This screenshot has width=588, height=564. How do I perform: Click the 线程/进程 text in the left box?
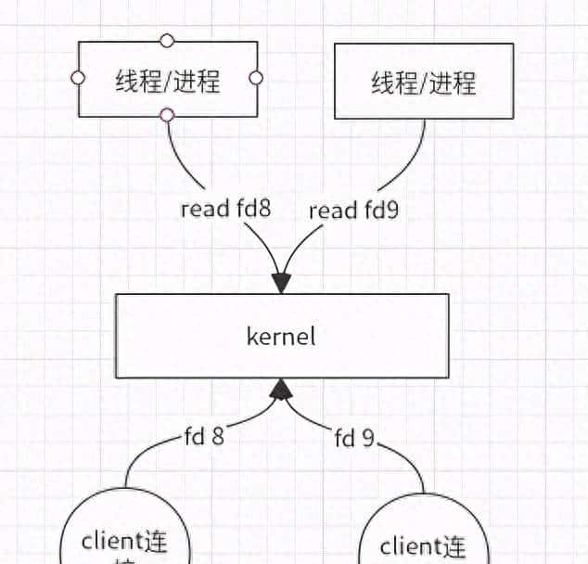click(167, 81)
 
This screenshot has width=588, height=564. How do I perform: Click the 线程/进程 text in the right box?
click(424, 83)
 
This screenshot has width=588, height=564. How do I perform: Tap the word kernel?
click(281, 336)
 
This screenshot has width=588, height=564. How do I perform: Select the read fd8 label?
click(225, 209)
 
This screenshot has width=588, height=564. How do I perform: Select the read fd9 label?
click(352, 211)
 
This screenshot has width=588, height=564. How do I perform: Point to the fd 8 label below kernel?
click(202, 435)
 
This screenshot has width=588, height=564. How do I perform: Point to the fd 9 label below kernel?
click(353, 437)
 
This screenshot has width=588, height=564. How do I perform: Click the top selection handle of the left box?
click(167, 41)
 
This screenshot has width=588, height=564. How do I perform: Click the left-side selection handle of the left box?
click(79, 78)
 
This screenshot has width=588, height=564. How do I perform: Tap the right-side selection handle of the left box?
click(257, 78)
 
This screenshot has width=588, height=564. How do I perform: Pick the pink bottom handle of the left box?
click(167, 115)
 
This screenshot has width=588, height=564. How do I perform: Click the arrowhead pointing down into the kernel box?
click(281, 281)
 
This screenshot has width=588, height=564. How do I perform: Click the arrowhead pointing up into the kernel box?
click(281, 390)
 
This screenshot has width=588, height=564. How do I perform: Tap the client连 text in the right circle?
click(423, 547)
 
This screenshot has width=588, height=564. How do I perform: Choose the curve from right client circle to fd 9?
click(408, 464)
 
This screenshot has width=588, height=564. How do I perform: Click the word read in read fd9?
click(330, 211)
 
